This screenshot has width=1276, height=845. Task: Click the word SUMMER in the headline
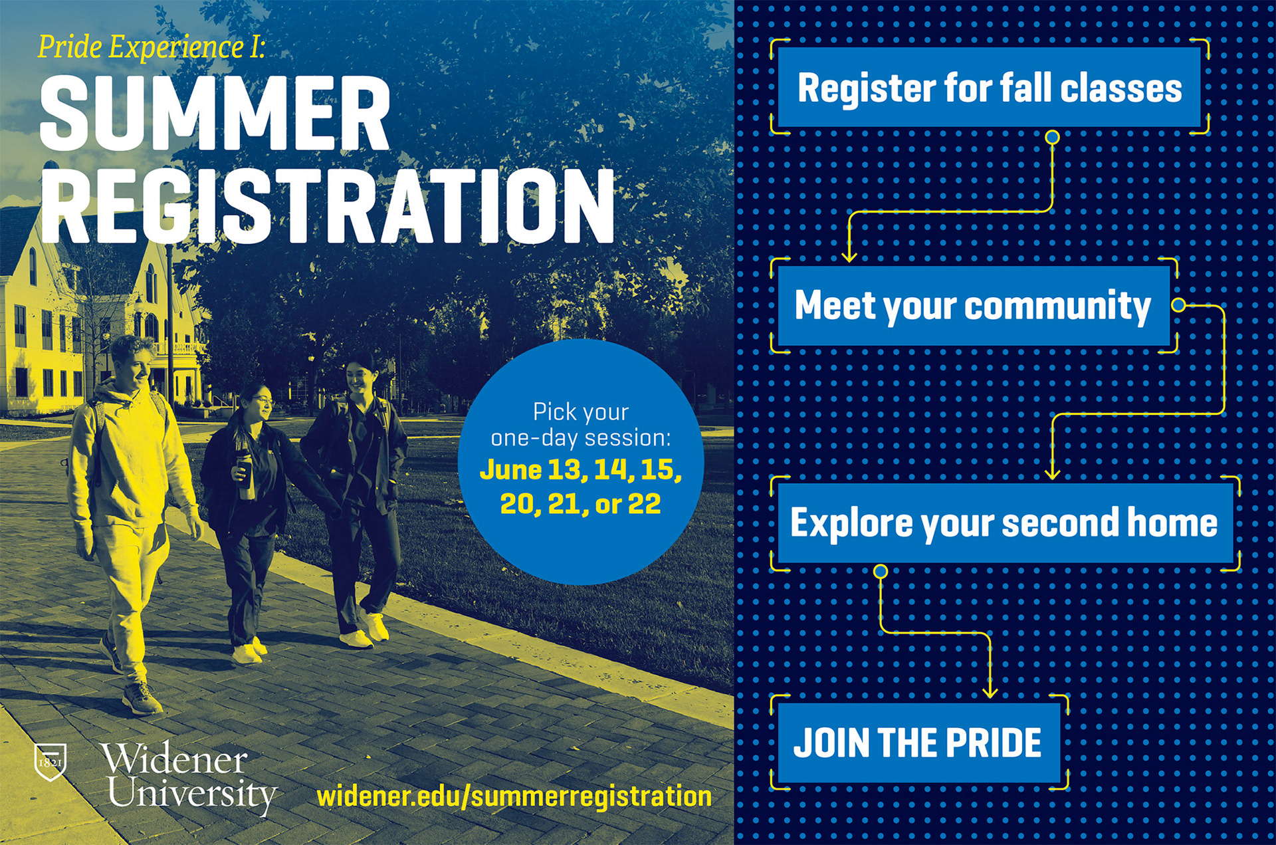coord(215,114)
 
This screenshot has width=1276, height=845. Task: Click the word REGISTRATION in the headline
coord(328,205)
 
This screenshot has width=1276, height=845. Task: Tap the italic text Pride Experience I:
coord(152,47)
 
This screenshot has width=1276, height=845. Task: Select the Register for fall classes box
coord(989,87)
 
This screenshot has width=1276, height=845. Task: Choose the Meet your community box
coord(974,306)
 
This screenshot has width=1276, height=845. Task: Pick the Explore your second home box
coord(1005,523)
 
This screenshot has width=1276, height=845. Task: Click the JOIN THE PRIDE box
coord(918,743)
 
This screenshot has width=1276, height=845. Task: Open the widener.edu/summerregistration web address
coord(514,796)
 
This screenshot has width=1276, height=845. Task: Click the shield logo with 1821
coord(51,761)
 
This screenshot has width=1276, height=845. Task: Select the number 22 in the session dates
coord(645,504)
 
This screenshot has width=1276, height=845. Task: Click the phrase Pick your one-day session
coord(581,425)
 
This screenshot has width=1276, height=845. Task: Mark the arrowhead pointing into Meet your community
coord(849,255)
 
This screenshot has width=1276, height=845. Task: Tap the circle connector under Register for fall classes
coord(1052,138)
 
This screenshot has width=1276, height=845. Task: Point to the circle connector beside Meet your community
coord(1178,305)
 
